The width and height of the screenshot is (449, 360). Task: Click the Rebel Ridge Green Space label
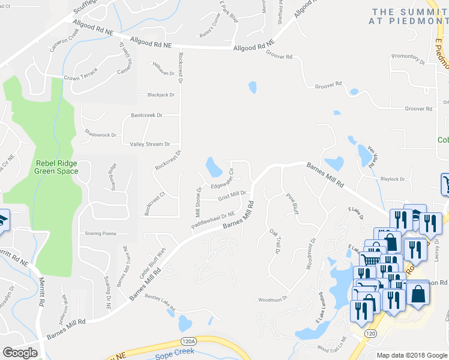(x=57, y=167)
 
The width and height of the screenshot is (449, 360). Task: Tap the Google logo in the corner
(x=20, y=353)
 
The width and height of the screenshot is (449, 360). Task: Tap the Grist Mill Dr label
(x=232, y=194)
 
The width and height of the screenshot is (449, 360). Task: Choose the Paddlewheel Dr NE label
(x=212, y=220)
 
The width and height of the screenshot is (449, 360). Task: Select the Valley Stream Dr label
(x=150, y=144)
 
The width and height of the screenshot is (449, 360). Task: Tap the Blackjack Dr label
(x=161, y=95)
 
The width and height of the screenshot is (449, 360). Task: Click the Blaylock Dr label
(x=394, y=179)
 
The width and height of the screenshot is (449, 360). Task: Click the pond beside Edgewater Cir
(x=213, y=167)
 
